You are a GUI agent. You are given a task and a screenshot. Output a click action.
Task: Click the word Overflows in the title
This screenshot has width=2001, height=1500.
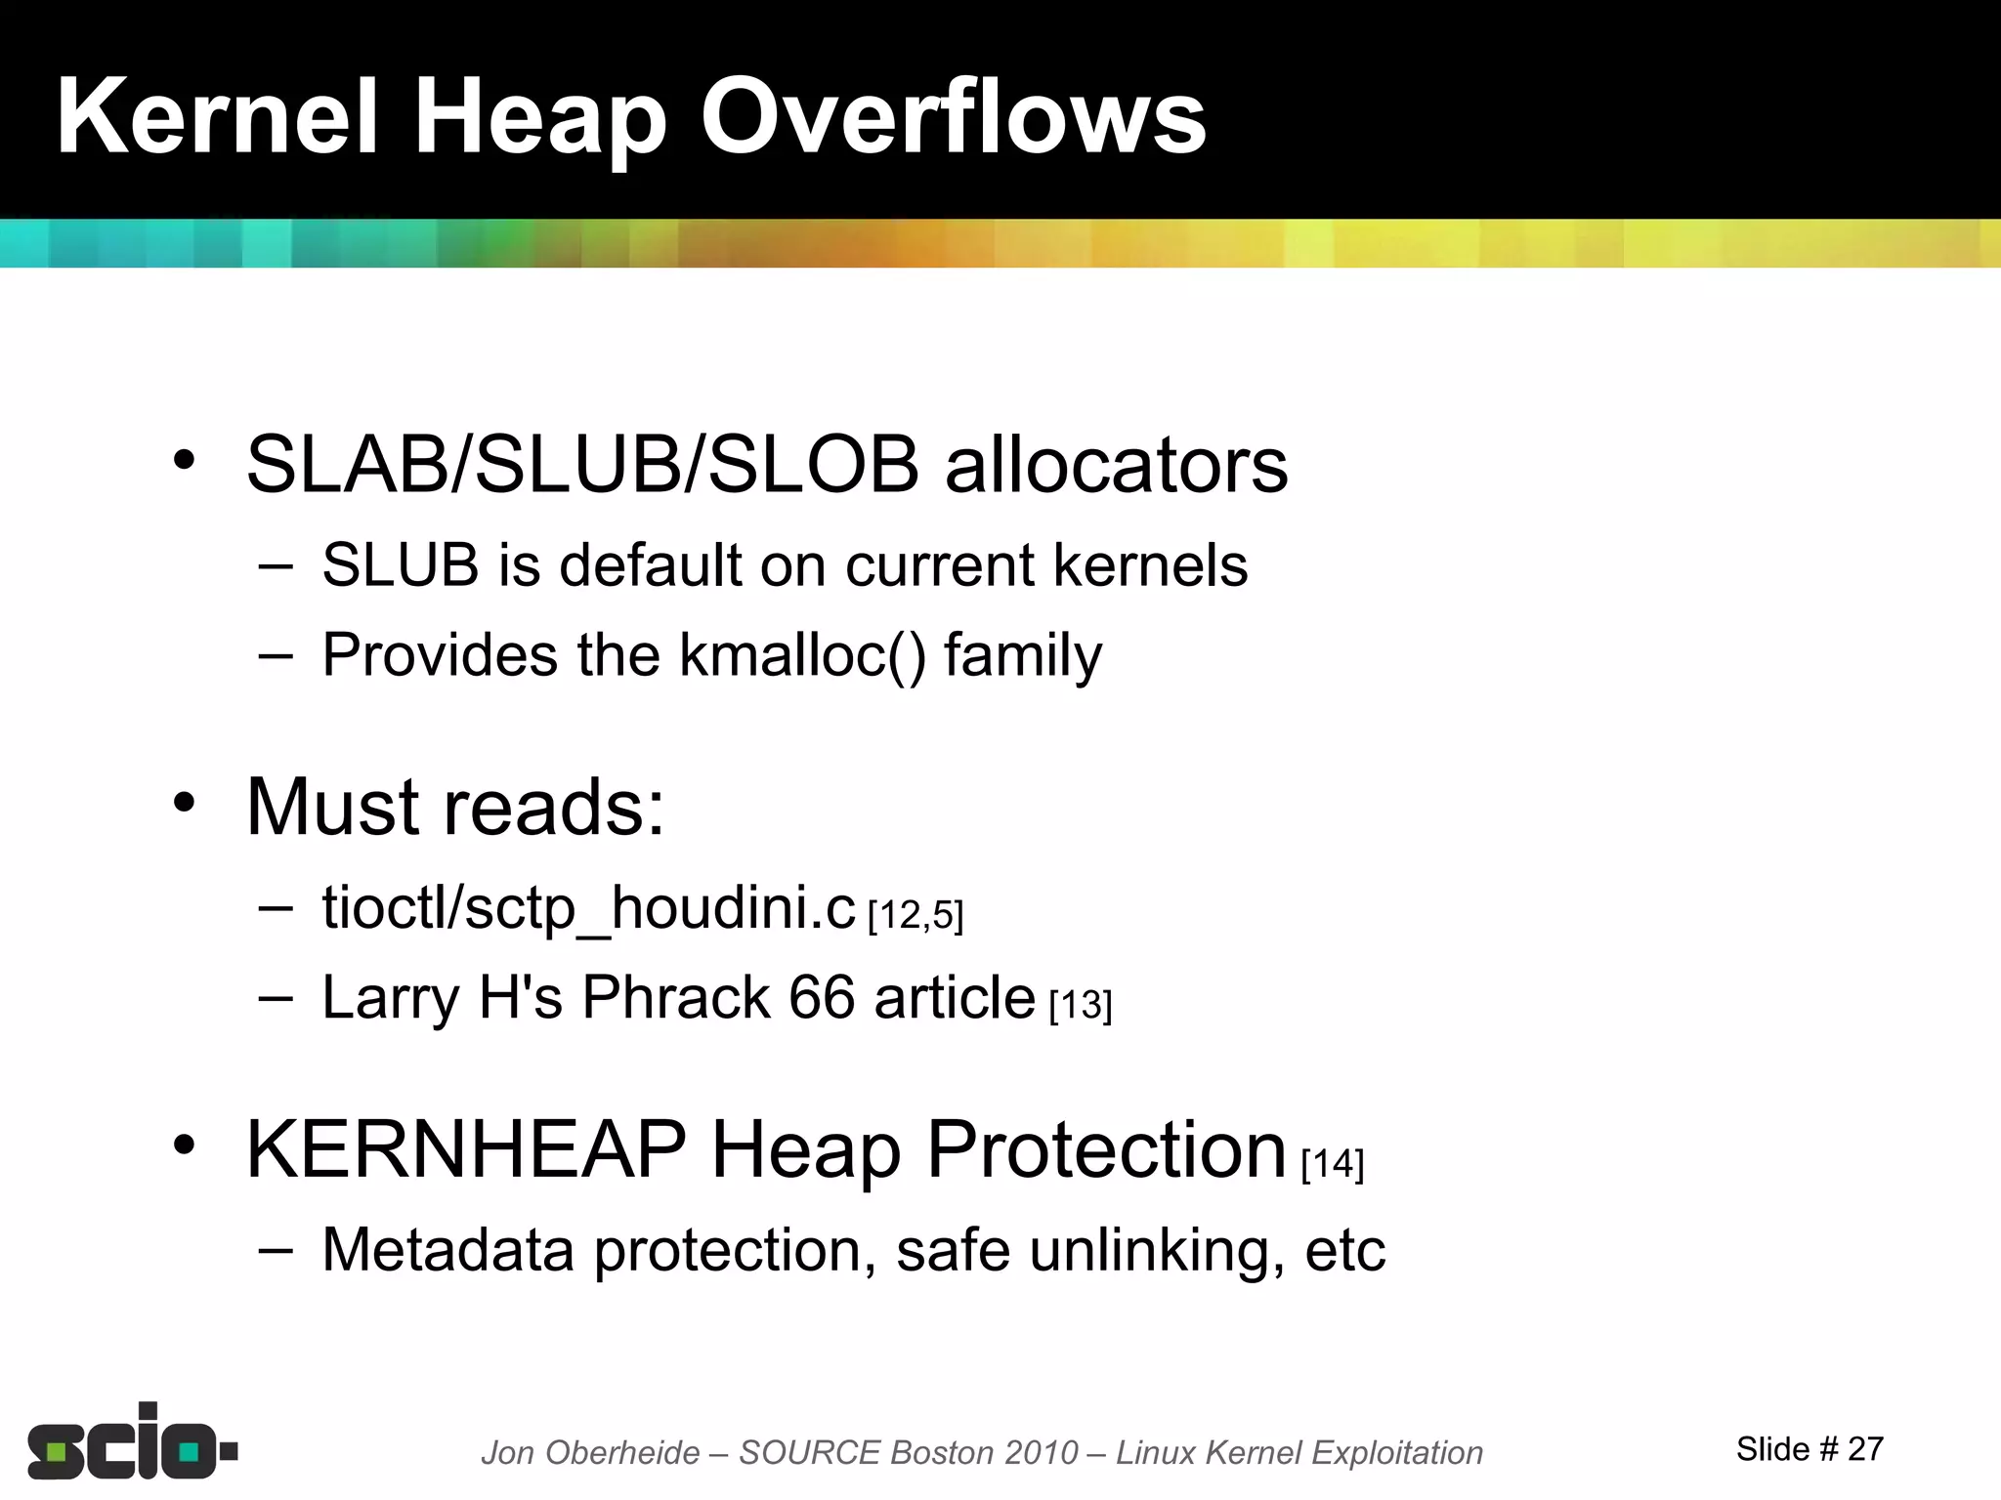pos(953,118)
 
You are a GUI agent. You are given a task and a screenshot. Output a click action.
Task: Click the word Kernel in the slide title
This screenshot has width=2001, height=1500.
pos(217,118)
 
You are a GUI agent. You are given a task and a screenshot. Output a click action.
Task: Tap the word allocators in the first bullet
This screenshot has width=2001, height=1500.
pos(1116,465)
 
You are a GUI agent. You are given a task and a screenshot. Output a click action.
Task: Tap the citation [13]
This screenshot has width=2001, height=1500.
pos(1081,1005)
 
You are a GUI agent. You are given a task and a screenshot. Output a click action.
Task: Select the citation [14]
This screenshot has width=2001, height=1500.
pos(1333,1163)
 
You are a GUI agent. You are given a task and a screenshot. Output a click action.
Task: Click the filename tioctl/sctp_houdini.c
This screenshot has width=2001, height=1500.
pos(588,908)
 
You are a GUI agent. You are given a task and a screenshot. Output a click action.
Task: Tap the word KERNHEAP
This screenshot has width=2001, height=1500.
pos(466,1150)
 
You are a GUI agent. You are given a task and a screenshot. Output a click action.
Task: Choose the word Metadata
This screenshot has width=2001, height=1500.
pos(447,1250)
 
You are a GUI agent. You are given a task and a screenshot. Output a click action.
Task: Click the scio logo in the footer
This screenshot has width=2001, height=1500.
pos(132,1442)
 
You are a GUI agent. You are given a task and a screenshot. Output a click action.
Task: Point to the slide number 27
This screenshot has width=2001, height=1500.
pos(1865,1449)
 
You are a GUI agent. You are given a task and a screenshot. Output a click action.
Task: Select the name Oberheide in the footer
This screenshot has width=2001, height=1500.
pos(622,1453)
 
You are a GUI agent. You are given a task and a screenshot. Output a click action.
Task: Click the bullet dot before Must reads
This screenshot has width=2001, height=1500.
pos(185,803)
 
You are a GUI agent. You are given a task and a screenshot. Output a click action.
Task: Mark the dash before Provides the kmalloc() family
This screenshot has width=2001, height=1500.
pos(276,655)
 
